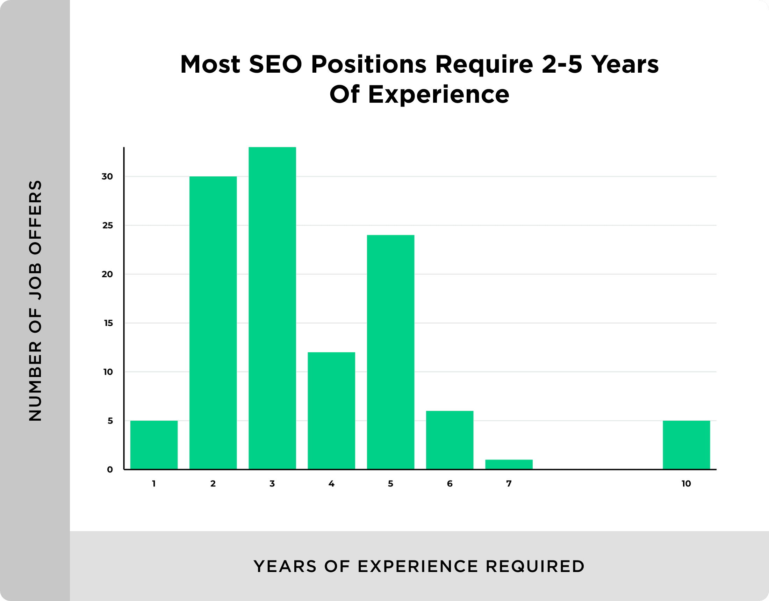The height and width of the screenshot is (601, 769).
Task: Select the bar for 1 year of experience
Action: pyautogui.click(x=154, y=445)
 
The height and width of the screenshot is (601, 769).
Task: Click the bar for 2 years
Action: pyautogui.click(x=213, y=323)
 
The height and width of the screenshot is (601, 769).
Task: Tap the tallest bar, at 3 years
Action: pyautogui.click(x=272, y=308)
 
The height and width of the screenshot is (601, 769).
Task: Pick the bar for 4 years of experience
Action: pyautogui.click(x=331, y=411)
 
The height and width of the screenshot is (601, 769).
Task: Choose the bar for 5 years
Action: pyautogui.click(x=390, y=352)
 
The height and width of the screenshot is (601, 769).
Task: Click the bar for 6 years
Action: pyautogui.click(x=450, y=440)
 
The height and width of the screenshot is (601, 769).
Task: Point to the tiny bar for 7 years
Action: pyautogui.click(x=509, y=464)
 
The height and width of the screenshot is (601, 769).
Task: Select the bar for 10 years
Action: pyautogui.click(x=686, y=445)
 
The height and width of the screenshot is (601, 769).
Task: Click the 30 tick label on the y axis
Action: pyautogui.click(x=107, y=176)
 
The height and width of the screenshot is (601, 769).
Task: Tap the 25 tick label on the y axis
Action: pyautogui.click(x=107, y=225)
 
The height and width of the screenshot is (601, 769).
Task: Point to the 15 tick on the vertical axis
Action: pyautogui.click(x=108, y=323)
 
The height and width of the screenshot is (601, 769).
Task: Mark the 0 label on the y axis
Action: pyautogui.click(x=110, y=469)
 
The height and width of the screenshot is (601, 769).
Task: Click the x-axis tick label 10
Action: pyautogui.click(x=686, y=483)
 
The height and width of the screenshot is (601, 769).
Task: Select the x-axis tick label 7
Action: pyautogui.click(x=509, y=483)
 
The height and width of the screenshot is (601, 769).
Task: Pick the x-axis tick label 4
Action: pyautogui.click(x=331, y=483)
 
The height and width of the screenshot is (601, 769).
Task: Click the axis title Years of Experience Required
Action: pyautogui.click(x=419, y=566)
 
